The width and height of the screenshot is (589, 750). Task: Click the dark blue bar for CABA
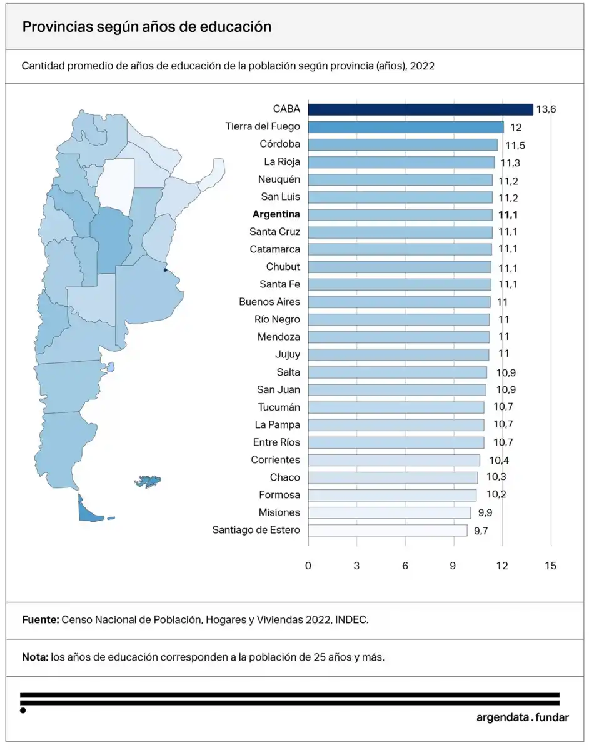click(420, 109)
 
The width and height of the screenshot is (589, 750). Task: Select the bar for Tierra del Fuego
click(406, 127)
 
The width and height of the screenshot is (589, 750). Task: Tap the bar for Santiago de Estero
click(388, 531)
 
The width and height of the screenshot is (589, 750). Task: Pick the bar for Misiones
click(390, 513)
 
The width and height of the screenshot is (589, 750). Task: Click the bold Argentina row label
click(276, 214)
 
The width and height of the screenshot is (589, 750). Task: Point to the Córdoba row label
click(279, 144)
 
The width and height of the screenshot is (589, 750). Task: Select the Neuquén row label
click(279, 179)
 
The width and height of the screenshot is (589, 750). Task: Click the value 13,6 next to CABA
click(545, 110)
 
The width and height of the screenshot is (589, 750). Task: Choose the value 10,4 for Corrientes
click(499, 461)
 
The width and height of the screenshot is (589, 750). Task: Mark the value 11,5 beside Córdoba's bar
click(515, 145)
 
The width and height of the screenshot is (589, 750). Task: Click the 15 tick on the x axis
click(550, 566)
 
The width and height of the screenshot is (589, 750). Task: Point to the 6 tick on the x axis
click(405, 566)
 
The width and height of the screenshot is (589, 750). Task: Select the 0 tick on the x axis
click(308, 566)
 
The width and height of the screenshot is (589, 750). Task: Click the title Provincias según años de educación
click(147, 27)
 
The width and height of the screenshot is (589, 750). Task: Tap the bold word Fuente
click(40, 619)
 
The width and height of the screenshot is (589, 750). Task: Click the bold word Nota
click(34, 657)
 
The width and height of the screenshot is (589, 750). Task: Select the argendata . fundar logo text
click(522, 717)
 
